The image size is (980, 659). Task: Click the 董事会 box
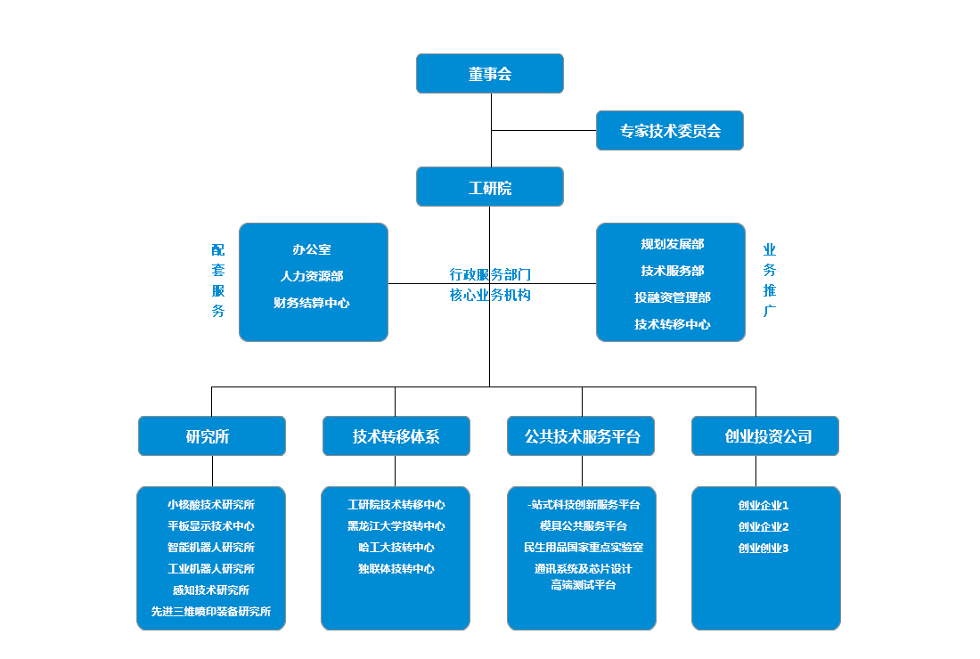[490, 74]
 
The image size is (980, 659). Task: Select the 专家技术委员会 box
[670, 131]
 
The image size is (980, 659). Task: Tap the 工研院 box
[490, 188]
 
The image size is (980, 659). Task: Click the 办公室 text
[312, 250]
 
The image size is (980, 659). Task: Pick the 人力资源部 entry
[312, 277]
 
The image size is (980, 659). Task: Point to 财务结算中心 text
[312, 304]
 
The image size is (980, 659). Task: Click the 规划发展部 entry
[672, 245]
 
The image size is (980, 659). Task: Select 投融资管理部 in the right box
[672, 298]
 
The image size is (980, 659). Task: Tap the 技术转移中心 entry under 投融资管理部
[672, 325]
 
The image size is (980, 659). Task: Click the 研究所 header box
[212, 436]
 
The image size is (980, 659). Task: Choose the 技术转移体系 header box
[396, 436]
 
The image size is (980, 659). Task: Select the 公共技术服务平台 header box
[582, 436]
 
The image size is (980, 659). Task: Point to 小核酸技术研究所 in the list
[211, 505]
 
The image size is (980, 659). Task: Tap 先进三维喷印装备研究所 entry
[211, 612]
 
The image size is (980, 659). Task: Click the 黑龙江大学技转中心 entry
[396, 526]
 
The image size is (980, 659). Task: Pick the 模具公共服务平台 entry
[583, 526]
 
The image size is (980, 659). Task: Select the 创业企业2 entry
[764, 526]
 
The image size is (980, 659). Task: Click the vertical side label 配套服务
[218, 281]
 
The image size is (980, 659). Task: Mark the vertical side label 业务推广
[770, 281]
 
